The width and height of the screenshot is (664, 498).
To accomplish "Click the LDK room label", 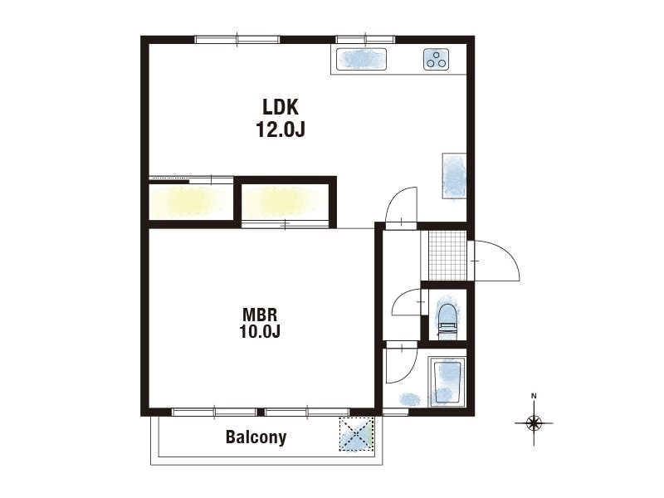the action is coord(281,107).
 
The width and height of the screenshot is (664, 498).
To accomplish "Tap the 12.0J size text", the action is coord(281,129).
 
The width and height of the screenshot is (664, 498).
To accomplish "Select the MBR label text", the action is coord(260,315).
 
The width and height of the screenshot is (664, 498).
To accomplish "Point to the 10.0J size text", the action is coord(260,331).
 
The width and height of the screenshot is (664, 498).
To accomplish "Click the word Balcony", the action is coord(256,437).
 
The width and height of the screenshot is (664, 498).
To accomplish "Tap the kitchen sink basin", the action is coord(361,59).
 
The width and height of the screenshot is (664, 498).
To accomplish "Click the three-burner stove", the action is coord(437,59).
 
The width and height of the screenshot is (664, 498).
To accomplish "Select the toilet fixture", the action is coord(447,320).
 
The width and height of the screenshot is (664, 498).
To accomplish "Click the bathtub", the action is coord(447,382).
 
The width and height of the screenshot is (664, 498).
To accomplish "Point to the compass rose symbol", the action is coord(534,422).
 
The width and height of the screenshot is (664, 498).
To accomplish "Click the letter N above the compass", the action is coord(534,397).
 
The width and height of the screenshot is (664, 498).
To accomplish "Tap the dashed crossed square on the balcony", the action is coord(356,434).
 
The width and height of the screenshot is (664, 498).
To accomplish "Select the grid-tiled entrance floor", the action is coord(447,256).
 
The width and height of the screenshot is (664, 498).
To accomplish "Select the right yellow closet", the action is coord(285,202).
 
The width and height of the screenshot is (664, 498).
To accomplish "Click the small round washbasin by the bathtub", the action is coord(409,399).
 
